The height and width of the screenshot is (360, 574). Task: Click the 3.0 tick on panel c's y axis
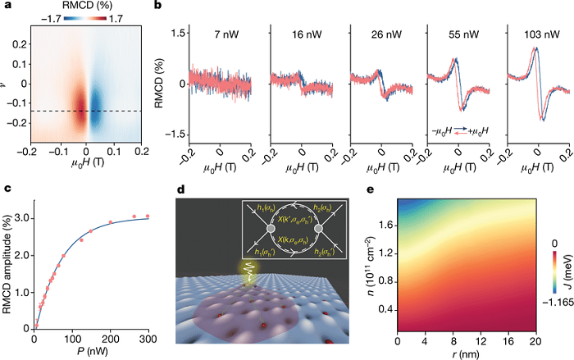pos(22,217)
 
